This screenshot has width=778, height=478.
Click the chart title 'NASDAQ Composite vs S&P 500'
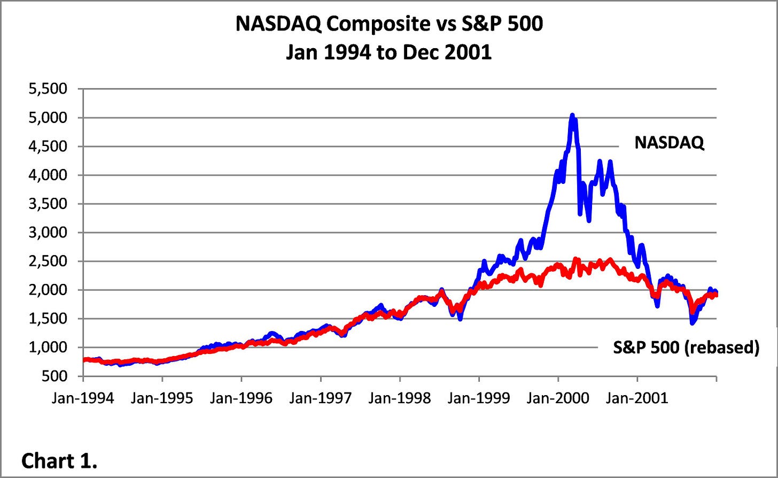(388, 24)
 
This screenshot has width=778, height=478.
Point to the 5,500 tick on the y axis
(48, 89)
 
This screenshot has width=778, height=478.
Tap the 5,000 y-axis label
(48, 118)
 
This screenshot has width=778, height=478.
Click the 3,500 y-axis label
(48, 204)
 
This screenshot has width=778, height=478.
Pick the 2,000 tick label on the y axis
(48, 290)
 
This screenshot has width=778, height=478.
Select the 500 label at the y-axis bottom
(55, 376)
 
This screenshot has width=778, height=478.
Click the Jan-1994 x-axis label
(83, 398)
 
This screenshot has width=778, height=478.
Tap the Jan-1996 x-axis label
(242, 398)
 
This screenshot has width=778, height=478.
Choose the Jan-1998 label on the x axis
(400, 398)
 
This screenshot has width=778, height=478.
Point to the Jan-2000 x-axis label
(558, 398)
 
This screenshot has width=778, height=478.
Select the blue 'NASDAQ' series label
(669, 143)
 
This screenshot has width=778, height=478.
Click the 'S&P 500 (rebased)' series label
(686, 348)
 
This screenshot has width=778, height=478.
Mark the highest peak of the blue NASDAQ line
(572, 115)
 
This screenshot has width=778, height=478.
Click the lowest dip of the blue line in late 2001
(693, 322)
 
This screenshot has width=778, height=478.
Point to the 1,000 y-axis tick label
(48, 348)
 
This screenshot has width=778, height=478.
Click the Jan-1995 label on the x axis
(162, 398)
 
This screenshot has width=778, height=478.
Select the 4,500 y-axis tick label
(48, 147)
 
